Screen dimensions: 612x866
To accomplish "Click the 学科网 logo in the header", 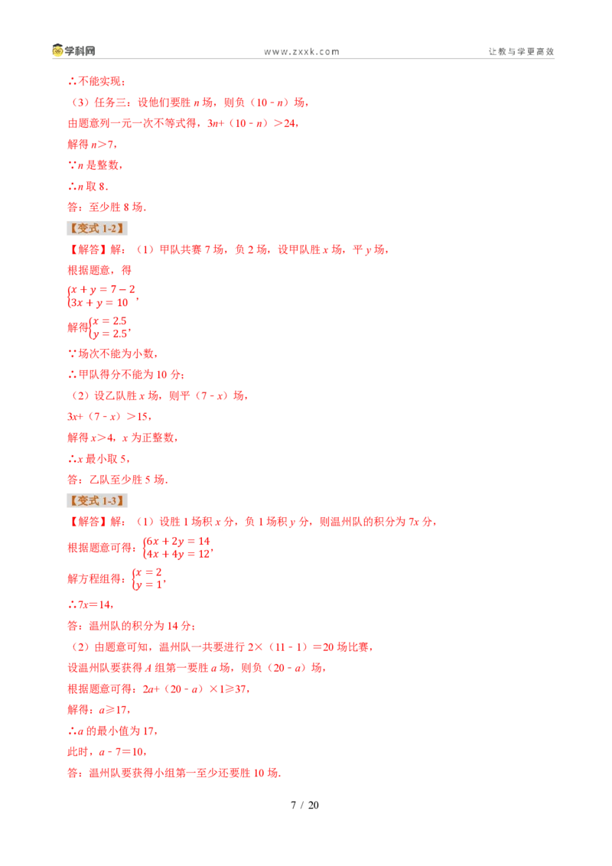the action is click(x=73, y=50).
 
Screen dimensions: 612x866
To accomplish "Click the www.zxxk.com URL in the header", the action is click(x=301, y=52).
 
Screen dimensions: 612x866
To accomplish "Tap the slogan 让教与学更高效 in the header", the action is click(x=521, y=51).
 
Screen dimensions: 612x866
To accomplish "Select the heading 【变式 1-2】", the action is click(x=97, y=229).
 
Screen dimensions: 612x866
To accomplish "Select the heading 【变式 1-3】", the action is click(x=97, y=501).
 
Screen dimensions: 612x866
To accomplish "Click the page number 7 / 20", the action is click(x=305, y=806).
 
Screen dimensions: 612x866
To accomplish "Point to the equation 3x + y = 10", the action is click(x=99, y=303).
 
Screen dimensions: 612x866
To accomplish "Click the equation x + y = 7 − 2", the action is click(x=103, y=289).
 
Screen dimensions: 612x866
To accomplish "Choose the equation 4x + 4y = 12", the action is click(x=177, y=554).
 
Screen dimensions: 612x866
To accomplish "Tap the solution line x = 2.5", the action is click(x=109, y=321).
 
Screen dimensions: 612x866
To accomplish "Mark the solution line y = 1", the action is click(x=148, y=584).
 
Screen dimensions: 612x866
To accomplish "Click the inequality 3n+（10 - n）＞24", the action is click(x=252, y=123).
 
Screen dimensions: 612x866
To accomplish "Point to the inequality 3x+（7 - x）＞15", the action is click(x=109, y=416).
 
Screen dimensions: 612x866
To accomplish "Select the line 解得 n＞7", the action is click(x=92, y=145).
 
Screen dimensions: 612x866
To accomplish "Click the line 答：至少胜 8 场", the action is click(x=106, y=207).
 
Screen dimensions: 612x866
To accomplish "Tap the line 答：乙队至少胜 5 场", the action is click(x=118, y=480).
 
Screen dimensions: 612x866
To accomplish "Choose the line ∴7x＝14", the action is click(x=90, y=605).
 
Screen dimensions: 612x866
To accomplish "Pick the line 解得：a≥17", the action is click(x=99, y=710).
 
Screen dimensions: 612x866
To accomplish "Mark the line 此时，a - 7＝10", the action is click(x=106, y=752).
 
